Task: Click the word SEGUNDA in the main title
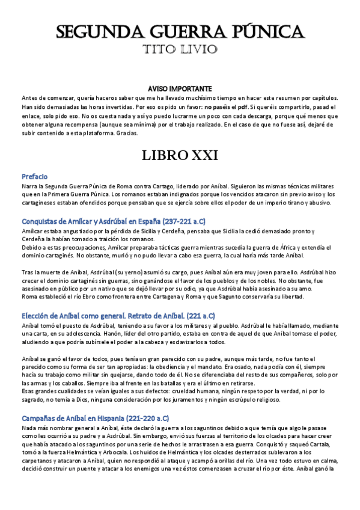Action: (97, 32)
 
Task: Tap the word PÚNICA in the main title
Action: (266, 32)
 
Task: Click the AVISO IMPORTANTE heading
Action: (180, 88)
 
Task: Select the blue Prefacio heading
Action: (35, 177)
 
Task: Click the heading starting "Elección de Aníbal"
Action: (118, 315)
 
